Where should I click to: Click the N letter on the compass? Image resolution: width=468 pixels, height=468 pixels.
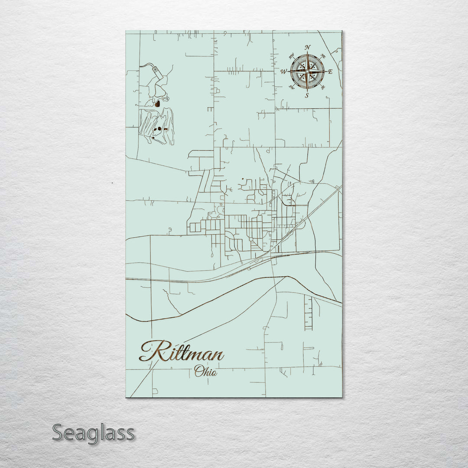click(308, 47)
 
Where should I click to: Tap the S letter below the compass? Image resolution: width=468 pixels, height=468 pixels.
click(307, 96)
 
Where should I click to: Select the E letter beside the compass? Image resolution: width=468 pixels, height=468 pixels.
click(330, 72)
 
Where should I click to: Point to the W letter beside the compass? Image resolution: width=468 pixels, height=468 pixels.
click(284, 71)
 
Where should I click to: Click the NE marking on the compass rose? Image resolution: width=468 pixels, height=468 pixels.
click(323, 56)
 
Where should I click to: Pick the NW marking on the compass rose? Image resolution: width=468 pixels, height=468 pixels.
click(292, 55)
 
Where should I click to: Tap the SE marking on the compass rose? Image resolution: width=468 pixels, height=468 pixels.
click(323, 87)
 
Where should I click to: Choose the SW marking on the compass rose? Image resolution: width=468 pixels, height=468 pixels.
click(292, 88)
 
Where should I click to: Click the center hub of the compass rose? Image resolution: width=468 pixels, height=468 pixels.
click(307, 71)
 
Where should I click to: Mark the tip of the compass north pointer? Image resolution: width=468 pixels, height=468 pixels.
click(307, 52)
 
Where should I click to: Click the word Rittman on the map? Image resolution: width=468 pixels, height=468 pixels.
click(182, 352)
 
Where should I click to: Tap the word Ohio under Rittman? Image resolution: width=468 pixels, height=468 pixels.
click(205, 371)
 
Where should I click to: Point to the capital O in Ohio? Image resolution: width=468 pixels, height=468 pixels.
click(198, 371)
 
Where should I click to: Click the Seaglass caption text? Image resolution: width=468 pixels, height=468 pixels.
click(93, 433)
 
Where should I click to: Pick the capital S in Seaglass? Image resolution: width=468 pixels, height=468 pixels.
click(59, 432)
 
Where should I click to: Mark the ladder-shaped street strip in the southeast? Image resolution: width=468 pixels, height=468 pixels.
click(308, 312)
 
